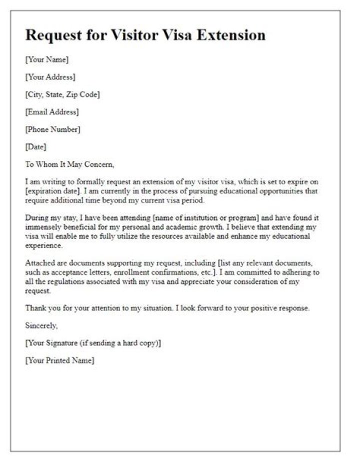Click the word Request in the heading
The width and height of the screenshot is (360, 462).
click(x=52, y=35)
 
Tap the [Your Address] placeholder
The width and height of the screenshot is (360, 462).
click(x=50, y=77)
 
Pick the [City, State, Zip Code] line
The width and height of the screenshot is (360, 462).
click(x=62, y=94)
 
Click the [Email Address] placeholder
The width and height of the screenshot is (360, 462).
click(x=52, y=112)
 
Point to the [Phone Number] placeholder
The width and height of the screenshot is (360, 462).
click(x=52, y=129)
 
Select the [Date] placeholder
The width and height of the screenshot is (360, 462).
click(x=35, y=147)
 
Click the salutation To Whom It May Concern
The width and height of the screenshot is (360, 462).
click(x=70, y=164)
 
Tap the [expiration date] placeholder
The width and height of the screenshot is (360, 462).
click(x=49, y=191)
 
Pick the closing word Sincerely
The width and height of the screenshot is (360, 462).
click(x=41, y=326)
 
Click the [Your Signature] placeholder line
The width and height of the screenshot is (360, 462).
click(x=93, y=343)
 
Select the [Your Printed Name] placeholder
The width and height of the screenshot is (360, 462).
click(x=59, y=361)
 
